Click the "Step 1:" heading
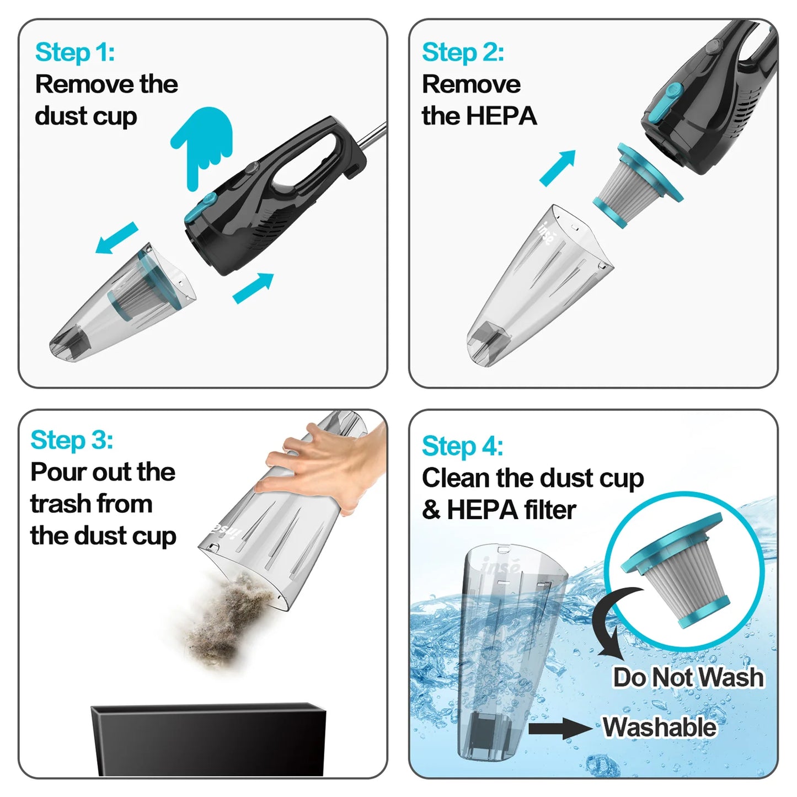pyautogui.click(x=75, y=52)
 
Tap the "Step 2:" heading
pyautogui.click(x=462, y=52)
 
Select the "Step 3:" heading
pyautogui.click(x=72, y=440)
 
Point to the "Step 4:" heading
pyautogui.click(x=462, y=446)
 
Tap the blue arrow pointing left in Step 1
pyautogui.click(x=116, y=238)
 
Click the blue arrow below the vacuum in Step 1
pyautogui.click(x=253, y=288)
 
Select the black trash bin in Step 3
pyautogui.click(x=208, y=739)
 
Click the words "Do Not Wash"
pyautogui.click(x=688, y=677)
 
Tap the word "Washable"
pyautogui.click(x=659, y=727)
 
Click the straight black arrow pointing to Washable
pyautogui.click(x=560, y=729)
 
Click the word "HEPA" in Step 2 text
pyautogui.click(x=501, y=116)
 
